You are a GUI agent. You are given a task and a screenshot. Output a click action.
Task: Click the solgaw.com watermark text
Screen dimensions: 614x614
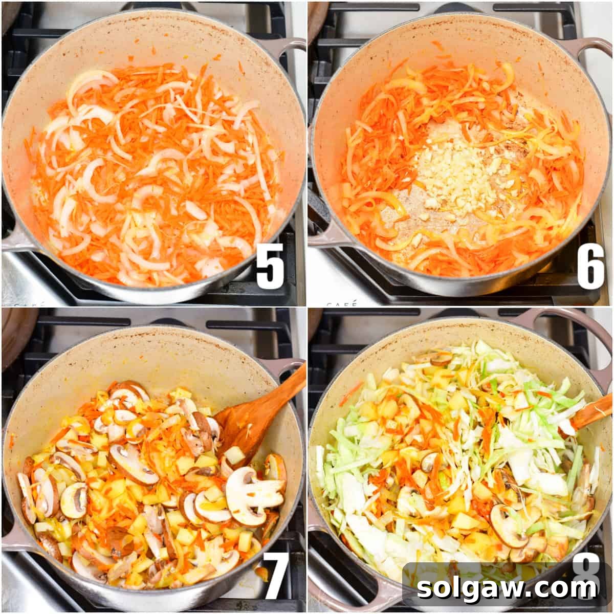507,588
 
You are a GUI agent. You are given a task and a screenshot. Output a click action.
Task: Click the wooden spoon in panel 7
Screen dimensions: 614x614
256,409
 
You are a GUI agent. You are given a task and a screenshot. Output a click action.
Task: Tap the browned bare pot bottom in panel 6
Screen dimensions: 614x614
404,215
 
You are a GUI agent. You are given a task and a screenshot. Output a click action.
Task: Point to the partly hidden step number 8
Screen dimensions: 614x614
586,568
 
